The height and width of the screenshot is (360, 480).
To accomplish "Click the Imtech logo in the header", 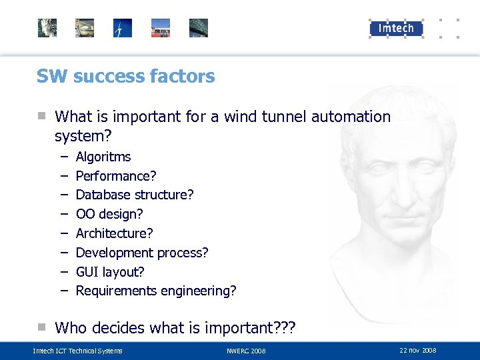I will coord(396,28).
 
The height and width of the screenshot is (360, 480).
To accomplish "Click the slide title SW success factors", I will coord(125,76).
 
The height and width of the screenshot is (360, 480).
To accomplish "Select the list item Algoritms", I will coord(103,157).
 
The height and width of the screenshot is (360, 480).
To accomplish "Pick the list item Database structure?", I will coord(135,195).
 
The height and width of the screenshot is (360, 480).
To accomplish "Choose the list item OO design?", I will coord(109,214).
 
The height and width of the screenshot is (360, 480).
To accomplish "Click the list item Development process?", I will coord(142,253).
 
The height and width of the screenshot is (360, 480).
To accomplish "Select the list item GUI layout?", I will coord(110,272).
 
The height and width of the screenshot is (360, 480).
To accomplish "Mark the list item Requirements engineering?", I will coord(156,291).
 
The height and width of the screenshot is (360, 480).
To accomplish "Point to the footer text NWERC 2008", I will coord(246,351).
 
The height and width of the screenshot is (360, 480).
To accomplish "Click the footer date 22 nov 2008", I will coord(418,350).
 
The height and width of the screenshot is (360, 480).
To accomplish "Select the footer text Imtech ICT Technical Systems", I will coord(78,351).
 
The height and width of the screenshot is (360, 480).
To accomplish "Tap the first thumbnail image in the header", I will coord(47,28).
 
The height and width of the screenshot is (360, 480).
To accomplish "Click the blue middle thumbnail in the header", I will coord(123,28).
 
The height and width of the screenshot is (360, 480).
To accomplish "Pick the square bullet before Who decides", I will coord(41,327).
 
